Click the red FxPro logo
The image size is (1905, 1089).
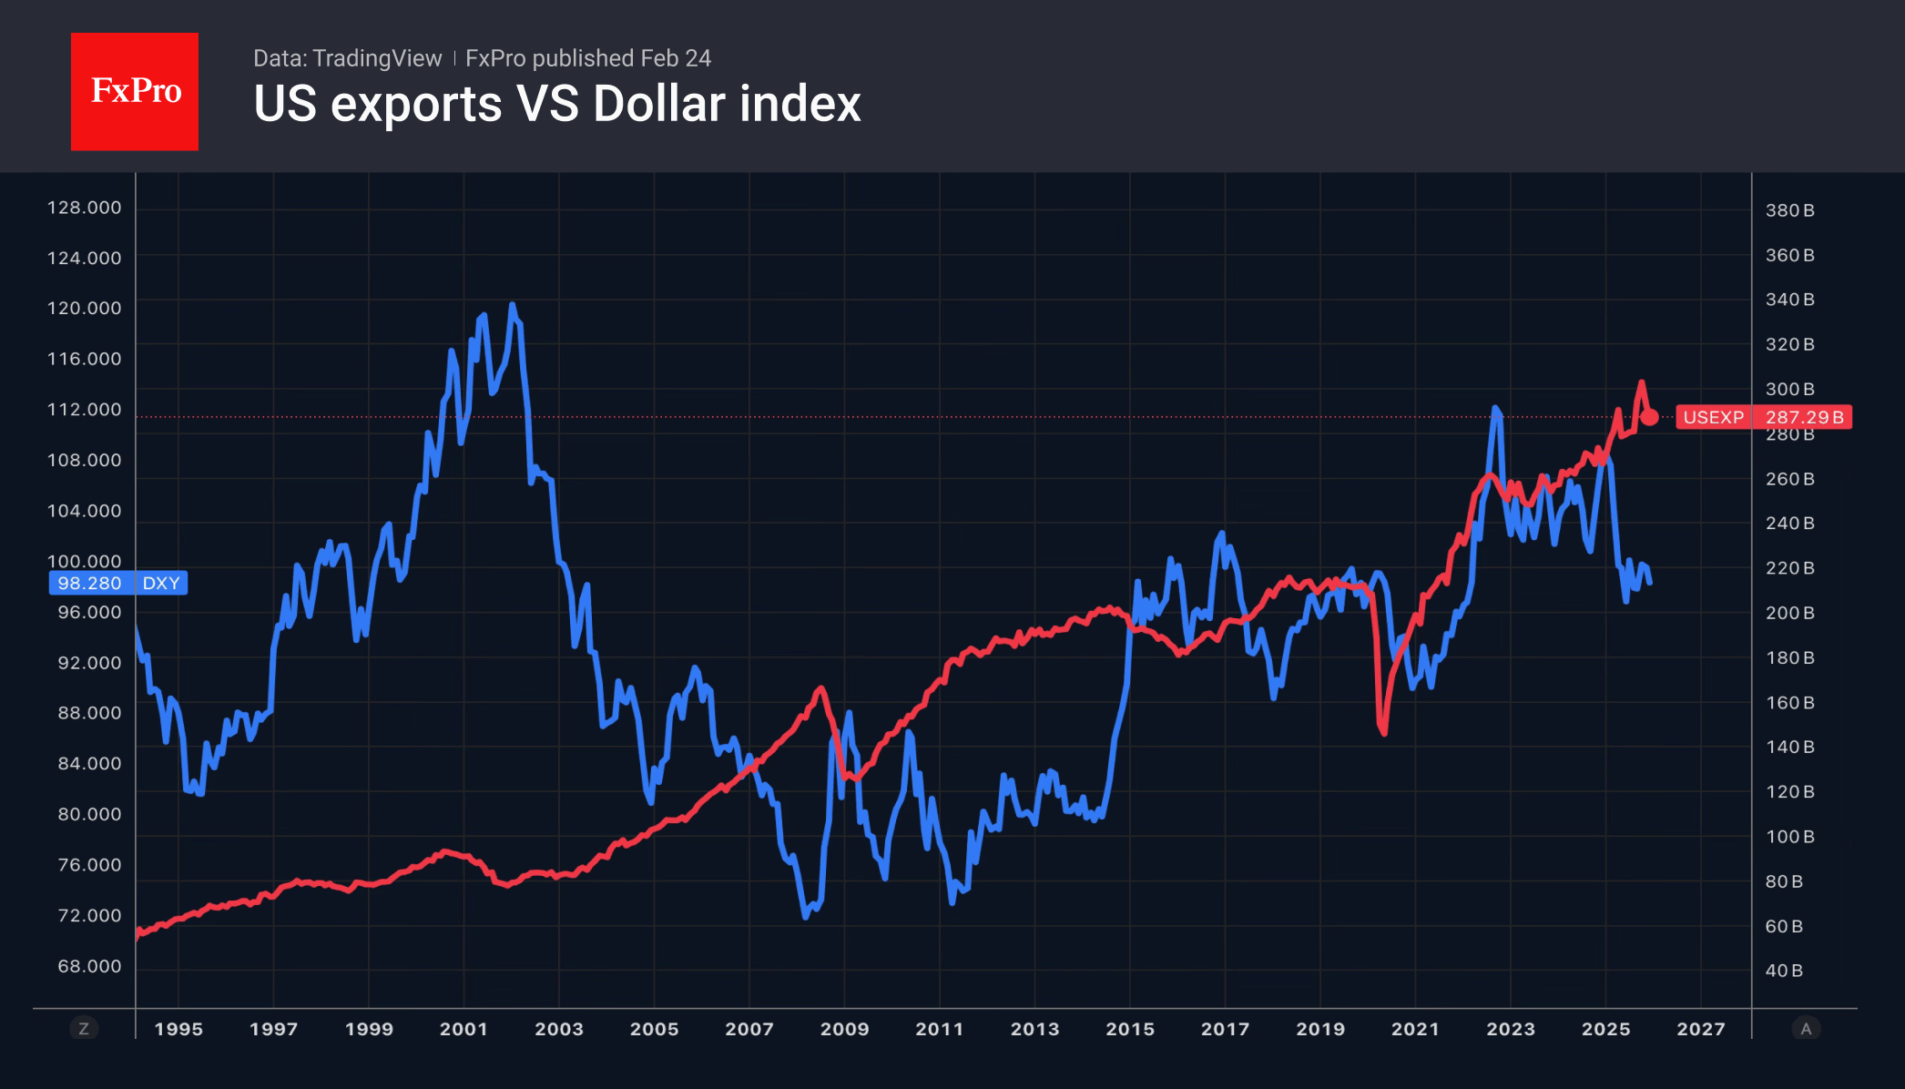(135, 91)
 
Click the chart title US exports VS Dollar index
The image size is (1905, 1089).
(556, 104)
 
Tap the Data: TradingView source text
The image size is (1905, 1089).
(347, 58)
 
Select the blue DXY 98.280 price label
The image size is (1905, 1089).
(117, 583)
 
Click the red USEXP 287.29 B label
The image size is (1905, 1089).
(1763, 417)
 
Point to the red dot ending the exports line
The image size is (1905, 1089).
(1649, 417)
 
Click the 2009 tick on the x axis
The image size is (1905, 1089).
(844, 1029)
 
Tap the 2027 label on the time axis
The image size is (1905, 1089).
(1700, 1029)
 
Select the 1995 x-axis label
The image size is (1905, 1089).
(178, 1029)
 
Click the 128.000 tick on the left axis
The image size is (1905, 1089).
(84, 208)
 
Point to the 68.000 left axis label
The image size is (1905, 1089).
(89, 966)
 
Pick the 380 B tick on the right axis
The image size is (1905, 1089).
(1789, 210)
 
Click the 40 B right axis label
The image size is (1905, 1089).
(1784, 971)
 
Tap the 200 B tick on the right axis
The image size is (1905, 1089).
(1789, 613)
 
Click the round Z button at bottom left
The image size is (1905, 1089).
(84, 1029)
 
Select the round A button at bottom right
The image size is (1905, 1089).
(1806, 1029)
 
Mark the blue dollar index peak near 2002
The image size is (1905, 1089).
(512, 306)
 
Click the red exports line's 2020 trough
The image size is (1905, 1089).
(1384, 733)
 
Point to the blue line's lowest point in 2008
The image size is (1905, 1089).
(806, 916)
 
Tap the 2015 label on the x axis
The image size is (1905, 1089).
(1129, 1029)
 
